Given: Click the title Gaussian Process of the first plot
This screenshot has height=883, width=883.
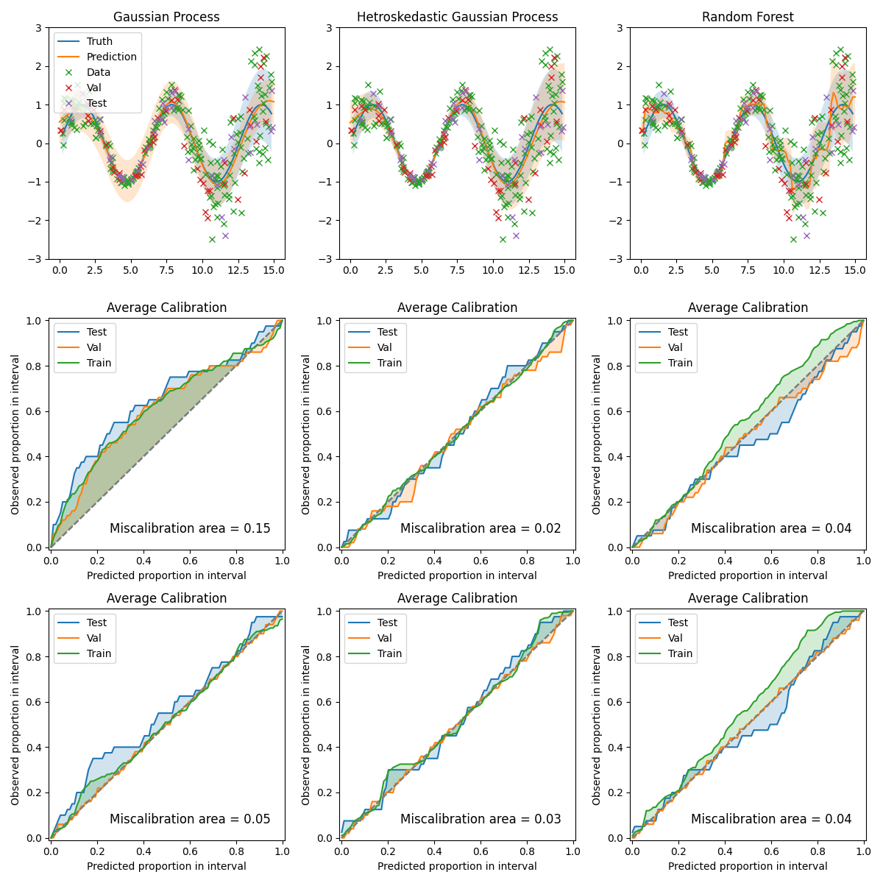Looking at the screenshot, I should (x=166, y=17).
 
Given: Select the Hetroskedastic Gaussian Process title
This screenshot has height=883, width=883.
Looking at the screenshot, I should (x=457, y=17).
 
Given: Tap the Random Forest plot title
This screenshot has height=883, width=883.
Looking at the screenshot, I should (x=748, y=17).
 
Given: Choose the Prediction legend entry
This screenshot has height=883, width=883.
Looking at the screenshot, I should (x=111, y=57).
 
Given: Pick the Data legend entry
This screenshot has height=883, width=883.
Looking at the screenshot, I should (x=99, y=72).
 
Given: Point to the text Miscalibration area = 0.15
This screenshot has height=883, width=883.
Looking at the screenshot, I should (x=190, y=528).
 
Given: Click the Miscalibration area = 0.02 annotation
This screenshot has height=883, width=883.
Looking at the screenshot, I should (x=480, y=528).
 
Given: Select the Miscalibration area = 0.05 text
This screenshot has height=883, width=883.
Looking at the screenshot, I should (x=190, y=819).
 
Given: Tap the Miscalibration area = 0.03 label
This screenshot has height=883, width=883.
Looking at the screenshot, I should (x=480, y=819).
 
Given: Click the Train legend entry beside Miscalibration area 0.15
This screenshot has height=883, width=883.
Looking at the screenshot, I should (x=99, y=363).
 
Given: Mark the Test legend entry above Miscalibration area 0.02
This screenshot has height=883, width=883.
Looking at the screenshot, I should (x=387, y=332).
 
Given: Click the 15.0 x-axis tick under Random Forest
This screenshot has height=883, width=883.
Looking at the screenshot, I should (x=854, y=271).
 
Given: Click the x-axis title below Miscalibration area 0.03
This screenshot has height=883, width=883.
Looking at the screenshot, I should (x=457, y=866).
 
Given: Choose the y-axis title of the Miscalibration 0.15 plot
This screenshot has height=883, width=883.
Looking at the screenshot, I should (x=15, y=434).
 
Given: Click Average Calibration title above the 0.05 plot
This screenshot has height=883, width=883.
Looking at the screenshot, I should (x=166, y=598).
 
